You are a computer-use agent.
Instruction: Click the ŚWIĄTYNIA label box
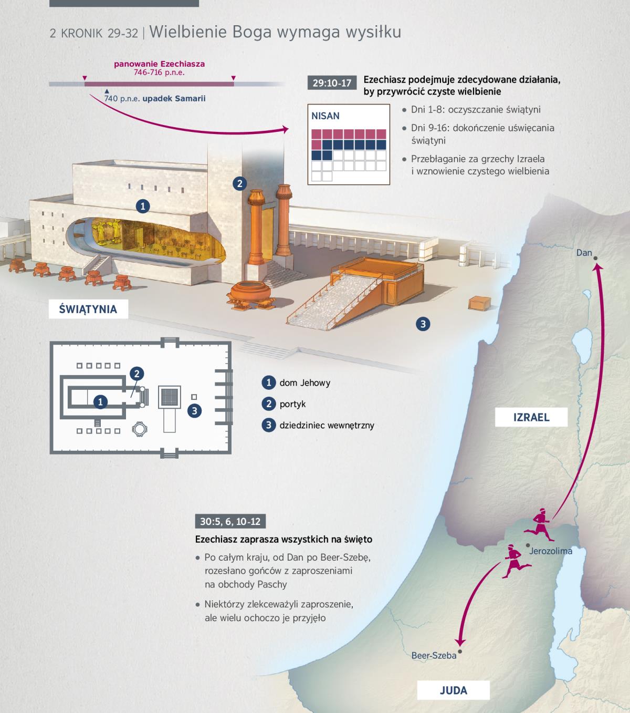[x=88, y=309]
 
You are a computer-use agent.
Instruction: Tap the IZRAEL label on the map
[x=531, y=417]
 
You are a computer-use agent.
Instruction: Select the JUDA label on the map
[x=454, y=690]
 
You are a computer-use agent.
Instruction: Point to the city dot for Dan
[x=595, y=259]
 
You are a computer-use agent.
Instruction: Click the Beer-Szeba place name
[x=434, y=655]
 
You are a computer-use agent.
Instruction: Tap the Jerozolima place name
[x=551, y=551]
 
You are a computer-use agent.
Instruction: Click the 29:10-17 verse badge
[x=332, y=83]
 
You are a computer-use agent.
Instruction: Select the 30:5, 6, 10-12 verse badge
[x=230, y=521]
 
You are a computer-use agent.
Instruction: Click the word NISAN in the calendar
[x=325, y=116]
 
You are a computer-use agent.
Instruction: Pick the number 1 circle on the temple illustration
[x=143, y=206]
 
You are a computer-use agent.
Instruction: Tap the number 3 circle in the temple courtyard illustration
[x=423, y=324]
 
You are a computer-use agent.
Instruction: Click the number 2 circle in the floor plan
[x=137, y=374]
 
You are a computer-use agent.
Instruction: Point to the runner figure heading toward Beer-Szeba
[x=516, y=561]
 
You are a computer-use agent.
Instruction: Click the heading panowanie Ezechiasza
[x=160, y=64]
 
